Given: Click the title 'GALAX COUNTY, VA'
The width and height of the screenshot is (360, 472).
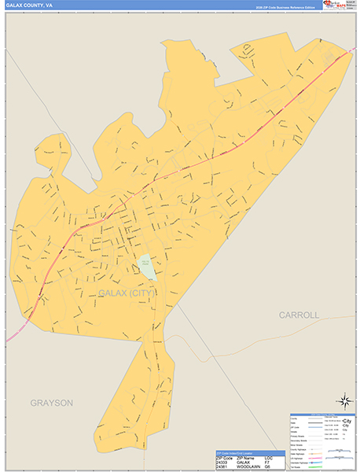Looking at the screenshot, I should click(29, 5).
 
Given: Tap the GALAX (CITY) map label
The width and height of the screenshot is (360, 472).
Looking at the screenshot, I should click(127, 293).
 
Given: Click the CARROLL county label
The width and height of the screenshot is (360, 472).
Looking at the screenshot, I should click(299, 315).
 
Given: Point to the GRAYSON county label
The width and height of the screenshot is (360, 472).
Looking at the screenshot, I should click(52, 403).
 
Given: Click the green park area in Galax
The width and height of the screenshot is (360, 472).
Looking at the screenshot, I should click(147, 267).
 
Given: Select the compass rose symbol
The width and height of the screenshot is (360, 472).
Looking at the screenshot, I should click(344, 401).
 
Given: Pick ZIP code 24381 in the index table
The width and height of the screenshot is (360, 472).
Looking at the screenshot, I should click(223, 466).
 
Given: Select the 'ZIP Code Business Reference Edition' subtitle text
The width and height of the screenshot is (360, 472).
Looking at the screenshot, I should click(287, 6).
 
